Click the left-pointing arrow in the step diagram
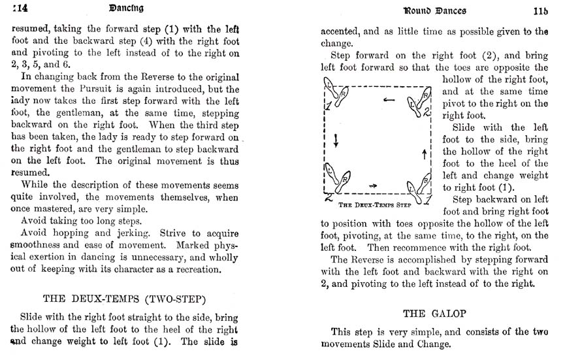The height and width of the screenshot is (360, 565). [389, 100]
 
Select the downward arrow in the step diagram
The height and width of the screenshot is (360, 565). [336, 140]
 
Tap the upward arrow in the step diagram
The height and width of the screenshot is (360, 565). [425, 153]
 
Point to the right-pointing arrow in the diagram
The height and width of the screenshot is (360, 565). [373, 186]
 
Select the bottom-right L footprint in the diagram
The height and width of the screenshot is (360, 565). [412, 189]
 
